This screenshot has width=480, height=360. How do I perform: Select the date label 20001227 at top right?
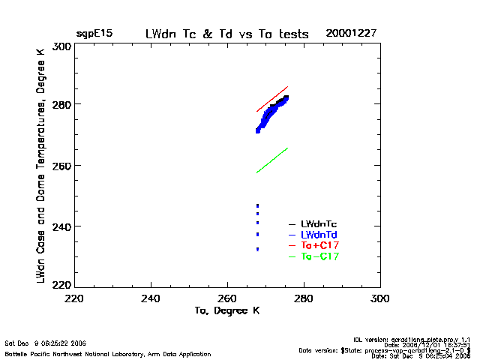click(x=351, y=34)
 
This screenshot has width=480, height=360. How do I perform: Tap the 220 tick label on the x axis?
click(x=73, y=298)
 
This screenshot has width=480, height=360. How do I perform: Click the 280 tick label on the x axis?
click(x=304, y=298)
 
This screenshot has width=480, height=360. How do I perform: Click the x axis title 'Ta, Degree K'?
click(x=226, y=310)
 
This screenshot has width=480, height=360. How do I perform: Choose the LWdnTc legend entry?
click(x=319, y=223)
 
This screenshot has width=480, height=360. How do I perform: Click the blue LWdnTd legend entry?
click(x=319, y=235)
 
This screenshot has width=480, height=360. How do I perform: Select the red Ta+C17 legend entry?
click(x=319, y=245)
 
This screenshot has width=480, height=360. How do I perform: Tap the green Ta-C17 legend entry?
click(x=319, y=256)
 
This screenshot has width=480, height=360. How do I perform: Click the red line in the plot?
click(x=272, y=99)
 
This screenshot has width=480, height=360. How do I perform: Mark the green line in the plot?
click(x=272, y=160)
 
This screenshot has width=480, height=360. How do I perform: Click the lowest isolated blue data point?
click(x=257, y=249)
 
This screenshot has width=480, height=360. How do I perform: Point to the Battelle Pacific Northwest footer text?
click(x=108, y=353)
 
